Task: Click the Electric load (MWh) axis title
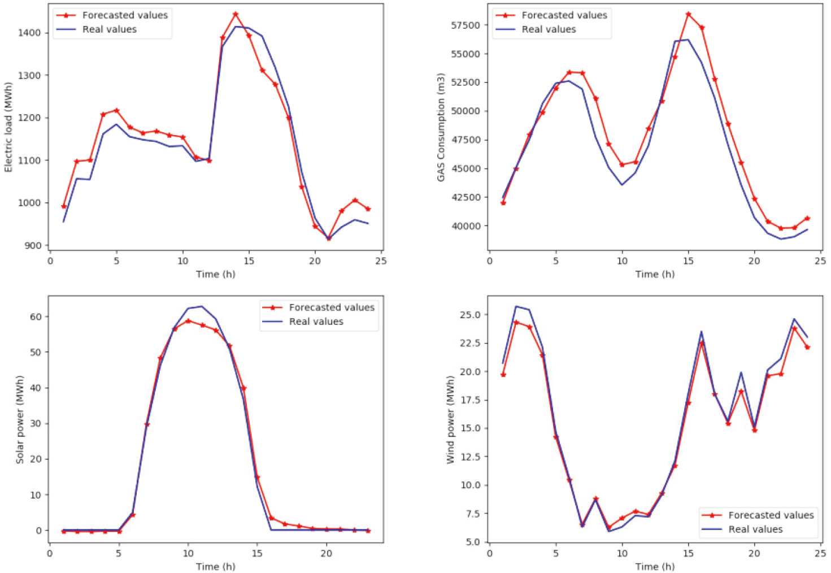[8, 127]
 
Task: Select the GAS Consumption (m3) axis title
[441, 127]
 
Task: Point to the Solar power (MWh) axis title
[20, 420]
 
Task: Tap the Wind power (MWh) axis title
[451, 420]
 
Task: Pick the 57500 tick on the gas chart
[465, 25]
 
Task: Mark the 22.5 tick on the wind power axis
[469, 343]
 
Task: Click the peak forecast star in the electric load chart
[236, 14]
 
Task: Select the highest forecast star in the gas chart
[689, 14]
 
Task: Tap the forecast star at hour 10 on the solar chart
[189, 321]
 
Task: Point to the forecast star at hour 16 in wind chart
[702, 343]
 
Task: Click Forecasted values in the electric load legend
[125, 15]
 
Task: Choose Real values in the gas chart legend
[549, 29]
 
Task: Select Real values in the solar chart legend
[316, 322]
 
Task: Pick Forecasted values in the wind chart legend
[771, 515]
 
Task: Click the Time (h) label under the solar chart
[216, 567]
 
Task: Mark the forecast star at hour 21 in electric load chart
[328, 238]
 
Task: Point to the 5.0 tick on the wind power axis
[472, 542]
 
